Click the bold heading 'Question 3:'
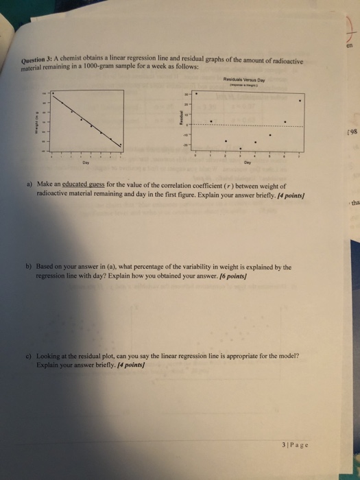point(39,65)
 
